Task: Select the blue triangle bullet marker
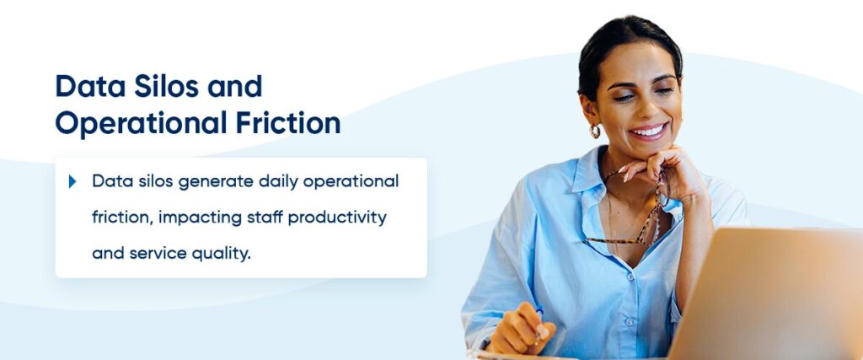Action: click(73, 181)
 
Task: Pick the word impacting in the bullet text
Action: click(195, 218)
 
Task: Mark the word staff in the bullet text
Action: click(256, 218)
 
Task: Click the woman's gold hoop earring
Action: click(596, 132)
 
